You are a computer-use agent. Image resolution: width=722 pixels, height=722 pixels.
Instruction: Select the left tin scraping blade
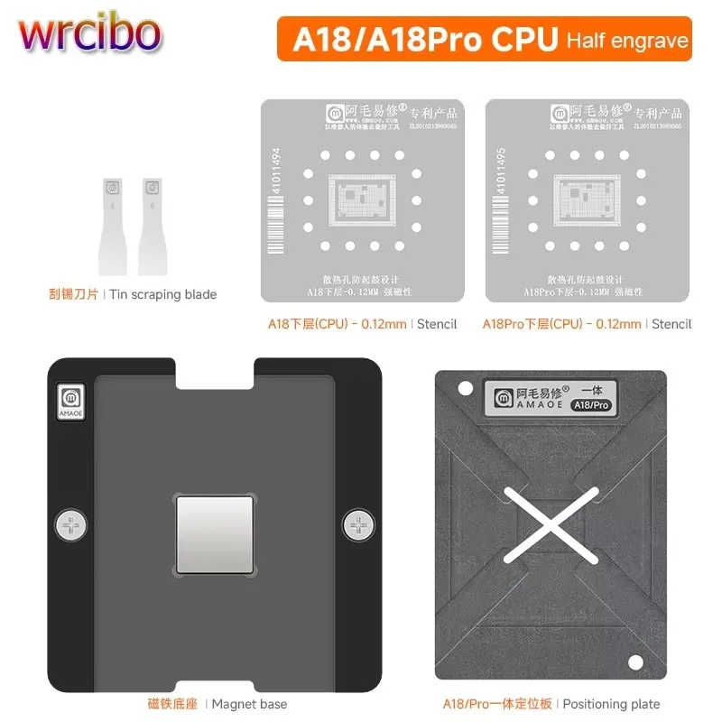tap(114, 226)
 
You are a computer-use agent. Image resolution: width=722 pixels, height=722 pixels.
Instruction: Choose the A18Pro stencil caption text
tap(587, 323)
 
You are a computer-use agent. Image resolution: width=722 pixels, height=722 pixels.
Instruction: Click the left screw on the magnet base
tap(70, 523)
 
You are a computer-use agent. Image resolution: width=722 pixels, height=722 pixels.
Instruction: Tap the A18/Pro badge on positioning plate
tap(591, 404)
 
